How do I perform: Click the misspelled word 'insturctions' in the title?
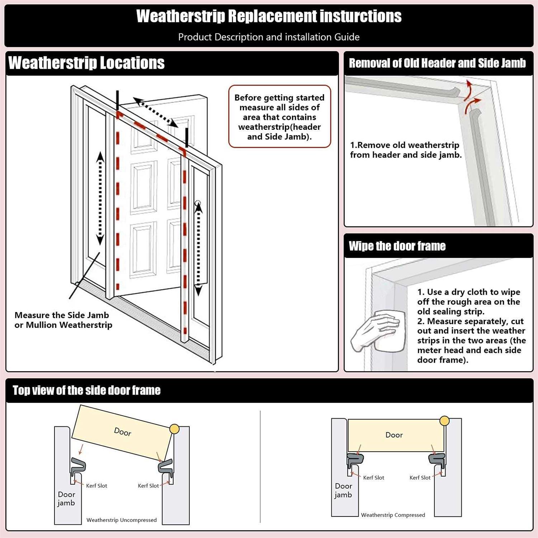click(360, 16)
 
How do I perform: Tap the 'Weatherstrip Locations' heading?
click(86, 63)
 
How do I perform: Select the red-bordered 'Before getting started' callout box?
click(279, 117)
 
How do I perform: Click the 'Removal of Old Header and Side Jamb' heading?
click(437, 63)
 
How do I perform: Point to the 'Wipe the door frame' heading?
click(397, 246)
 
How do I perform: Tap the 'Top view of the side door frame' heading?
click(86, 391)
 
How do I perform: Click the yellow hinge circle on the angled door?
click(174, 429)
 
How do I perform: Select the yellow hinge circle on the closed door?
click(444, 421)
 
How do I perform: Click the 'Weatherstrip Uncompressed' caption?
click(121, 520)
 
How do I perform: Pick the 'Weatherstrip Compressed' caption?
click(393, 515)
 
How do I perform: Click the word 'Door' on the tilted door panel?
click(123, 432)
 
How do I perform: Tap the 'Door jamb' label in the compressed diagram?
click(343, 490)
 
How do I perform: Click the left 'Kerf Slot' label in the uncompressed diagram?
click(96, 486)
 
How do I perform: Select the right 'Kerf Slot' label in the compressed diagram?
click(420, 478)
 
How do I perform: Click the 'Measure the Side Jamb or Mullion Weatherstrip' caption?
click(63, 320)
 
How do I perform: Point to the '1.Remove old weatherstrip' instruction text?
click(405, 150)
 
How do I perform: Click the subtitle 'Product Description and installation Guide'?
click(269, 37)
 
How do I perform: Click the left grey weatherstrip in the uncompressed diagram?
click(78, 466)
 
